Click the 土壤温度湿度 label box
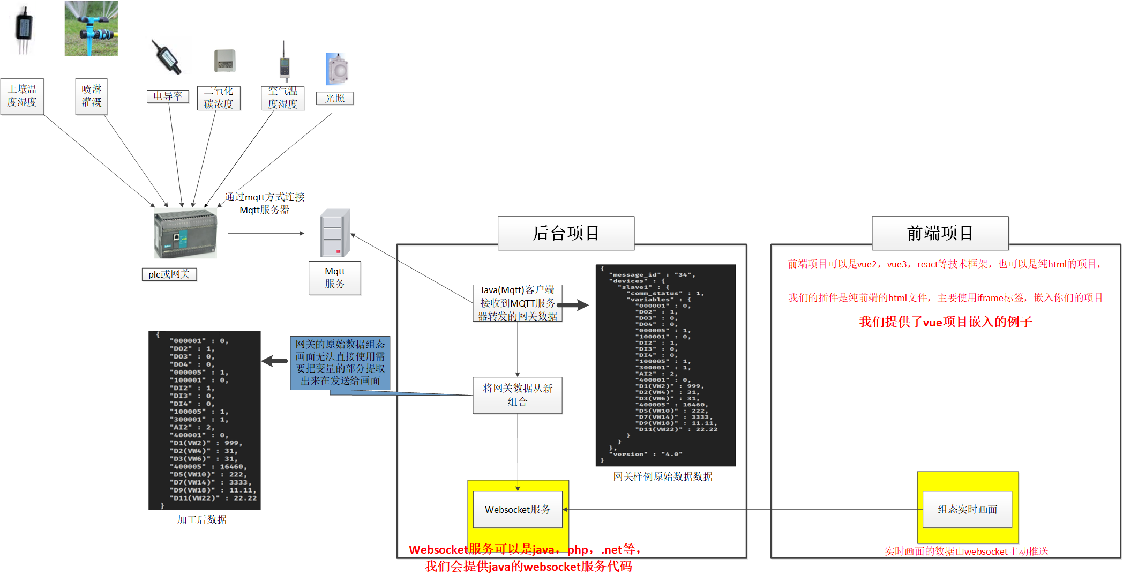click(22, 96)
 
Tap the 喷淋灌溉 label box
click(92, 96)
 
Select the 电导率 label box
click(168, 96)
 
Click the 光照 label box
click(335, 99)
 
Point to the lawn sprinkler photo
click(92, 28)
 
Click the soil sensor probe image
click(24, 29)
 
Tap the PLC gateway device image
click(185, 234)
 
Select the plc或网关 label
click(169, 274)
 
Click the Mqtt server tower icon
click(335, 233)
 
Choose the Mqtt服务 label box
click(335, 278)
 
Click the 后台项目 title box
click(566, 233)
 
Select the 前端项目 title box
click(940, 233)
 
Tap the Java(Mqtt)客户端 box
click(517, 303)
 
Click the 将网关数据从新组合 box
click(517, 395)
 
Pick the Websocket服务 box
click(517, 510)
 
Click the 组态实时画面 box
click(967, 510)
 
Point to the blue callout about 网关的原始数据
click(340, 363)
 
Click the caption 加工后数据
click(202, 520)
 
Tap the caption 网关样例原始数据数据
click(663, 477)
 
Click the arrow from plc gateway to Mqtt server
click(266, 234)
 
